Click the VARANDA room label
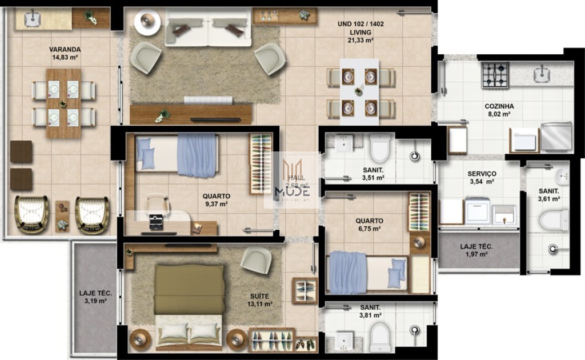(65, 49)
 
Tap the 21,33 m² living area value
(360, 41)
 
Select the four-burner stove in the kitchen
(495, 75)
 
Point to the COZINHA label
(499, 106)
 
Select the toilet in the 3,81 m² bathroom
(379, 337)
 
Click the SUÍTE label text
(260, 296)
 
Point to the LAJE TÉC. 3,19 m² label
(95, 297)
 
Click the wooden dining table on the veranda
(63, 103)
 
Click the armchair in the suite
(255, 261)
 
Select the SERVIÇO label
(482, 174)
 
